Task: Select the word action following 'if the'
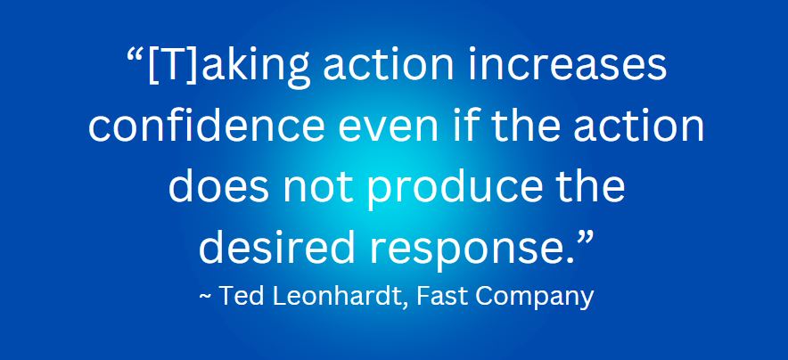coord(639,126)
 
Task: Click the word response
coord(468,250)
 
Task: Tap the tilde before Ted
coord(205,295)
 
